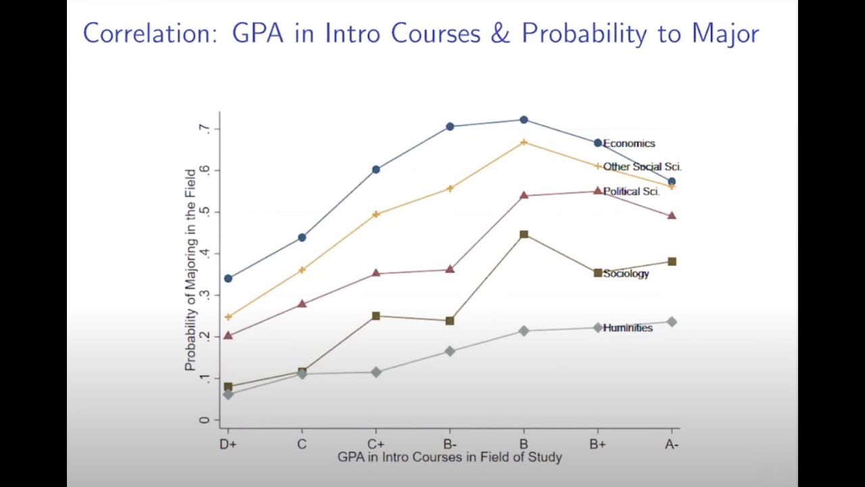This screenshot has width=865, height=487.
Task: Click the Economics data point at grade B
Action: [524, 120]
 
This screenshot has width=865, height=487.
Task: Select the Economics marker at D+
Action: [228, 279]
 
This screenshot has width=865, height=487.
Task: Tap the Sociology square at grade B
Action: [524, 235]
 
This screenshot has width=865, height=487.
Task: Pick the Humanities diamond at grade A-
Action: [672, 321]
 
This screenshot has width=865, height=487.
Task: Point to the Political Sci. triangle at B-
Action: [450, 269]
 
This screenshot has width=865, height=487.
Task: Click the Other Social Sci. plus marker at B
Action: [524, 142]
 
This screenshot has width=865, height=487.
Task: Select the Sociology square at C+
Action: [376, 316]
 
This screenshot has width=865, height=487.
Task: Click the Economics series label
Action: [629, 143]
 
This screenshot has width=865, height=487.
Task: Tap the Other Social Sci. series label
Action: [642, 166]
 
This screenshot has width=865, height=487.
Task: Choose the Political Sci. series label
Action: [631, 191]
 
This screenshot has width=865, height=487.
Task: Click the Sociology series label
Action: [626, 274]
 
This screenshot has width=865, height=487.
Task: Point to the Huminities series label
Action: [628, 328]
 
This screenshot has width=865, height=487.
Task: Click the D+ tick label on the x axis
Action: [228, 444]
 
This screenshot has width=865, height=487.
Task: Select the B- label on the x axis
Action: [450, 444]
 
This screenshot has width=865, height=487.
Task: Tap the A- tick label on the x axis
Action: [672, 444]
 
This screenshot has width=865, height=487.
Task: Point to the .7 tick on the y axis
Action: [204, 129]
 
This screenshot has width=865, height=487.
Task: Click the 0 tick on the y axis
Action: [204, 420]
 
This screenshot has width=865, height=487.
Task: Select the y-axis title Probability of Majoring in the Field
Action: [191, 270]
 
